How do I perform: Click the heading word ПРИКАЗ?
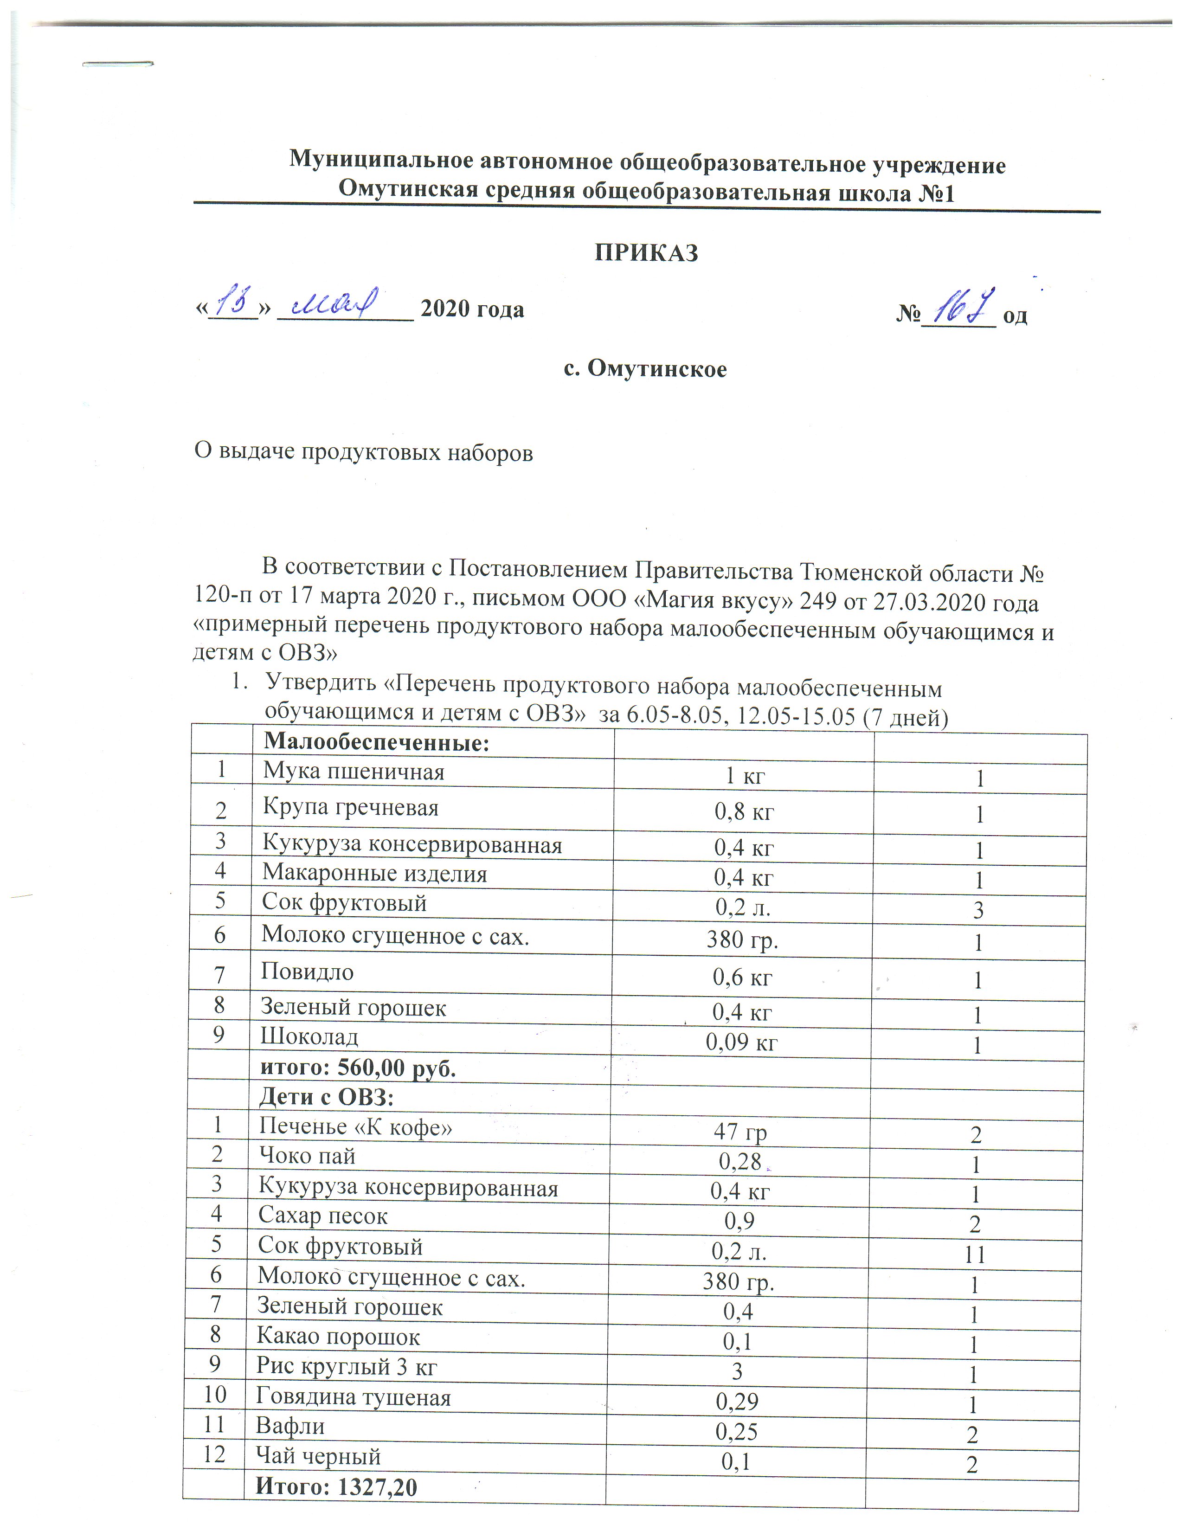(x=646, y=252)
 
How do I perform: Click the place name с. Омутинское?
(x=645, y=369)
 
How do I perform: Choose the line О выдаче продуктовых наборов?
(x=363, y=453)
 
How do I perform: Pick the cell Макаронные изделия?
(x=374, y=874)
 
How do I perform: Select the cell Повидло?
(x=307, y=971)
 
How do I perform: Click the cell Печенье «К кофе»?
(x=355, y=1126)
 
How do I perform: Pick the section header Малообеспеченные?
(x=376, y=742)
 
